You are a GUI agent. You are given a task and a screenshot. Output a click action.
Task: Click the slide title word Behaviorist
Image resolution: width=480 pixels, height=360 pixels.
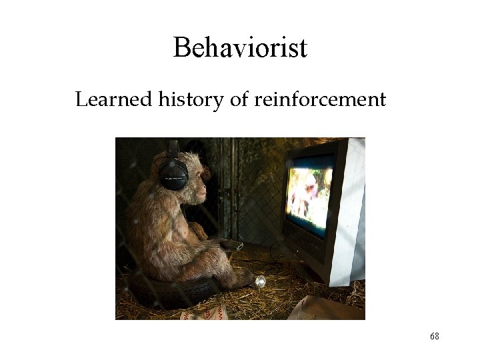coord(240,48)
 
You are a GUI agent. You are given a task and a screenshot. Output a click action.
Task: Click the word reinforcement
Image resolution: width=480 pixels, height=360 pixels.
coord(319,100)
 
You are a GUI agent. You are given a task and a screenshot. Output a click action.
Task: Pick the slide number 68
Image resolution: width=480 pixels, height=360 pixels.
coord(435,337)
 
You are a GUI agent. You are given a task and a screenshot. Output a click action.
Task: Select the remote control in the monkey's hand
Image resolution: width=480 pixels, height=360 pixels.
coord(231,245)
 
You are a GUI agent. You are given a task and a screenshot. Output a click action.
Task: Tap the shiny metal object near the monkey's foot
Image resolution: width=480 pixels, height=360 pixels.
coord(260,281)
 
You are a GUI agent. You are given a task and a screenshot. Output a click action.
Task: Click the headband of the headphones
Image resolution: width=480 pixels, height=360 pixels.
coord(173,148)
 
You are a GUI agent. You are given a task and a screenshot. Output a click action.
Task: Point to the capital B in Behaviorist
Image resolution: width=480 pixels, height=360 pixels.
coord(181,48)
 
